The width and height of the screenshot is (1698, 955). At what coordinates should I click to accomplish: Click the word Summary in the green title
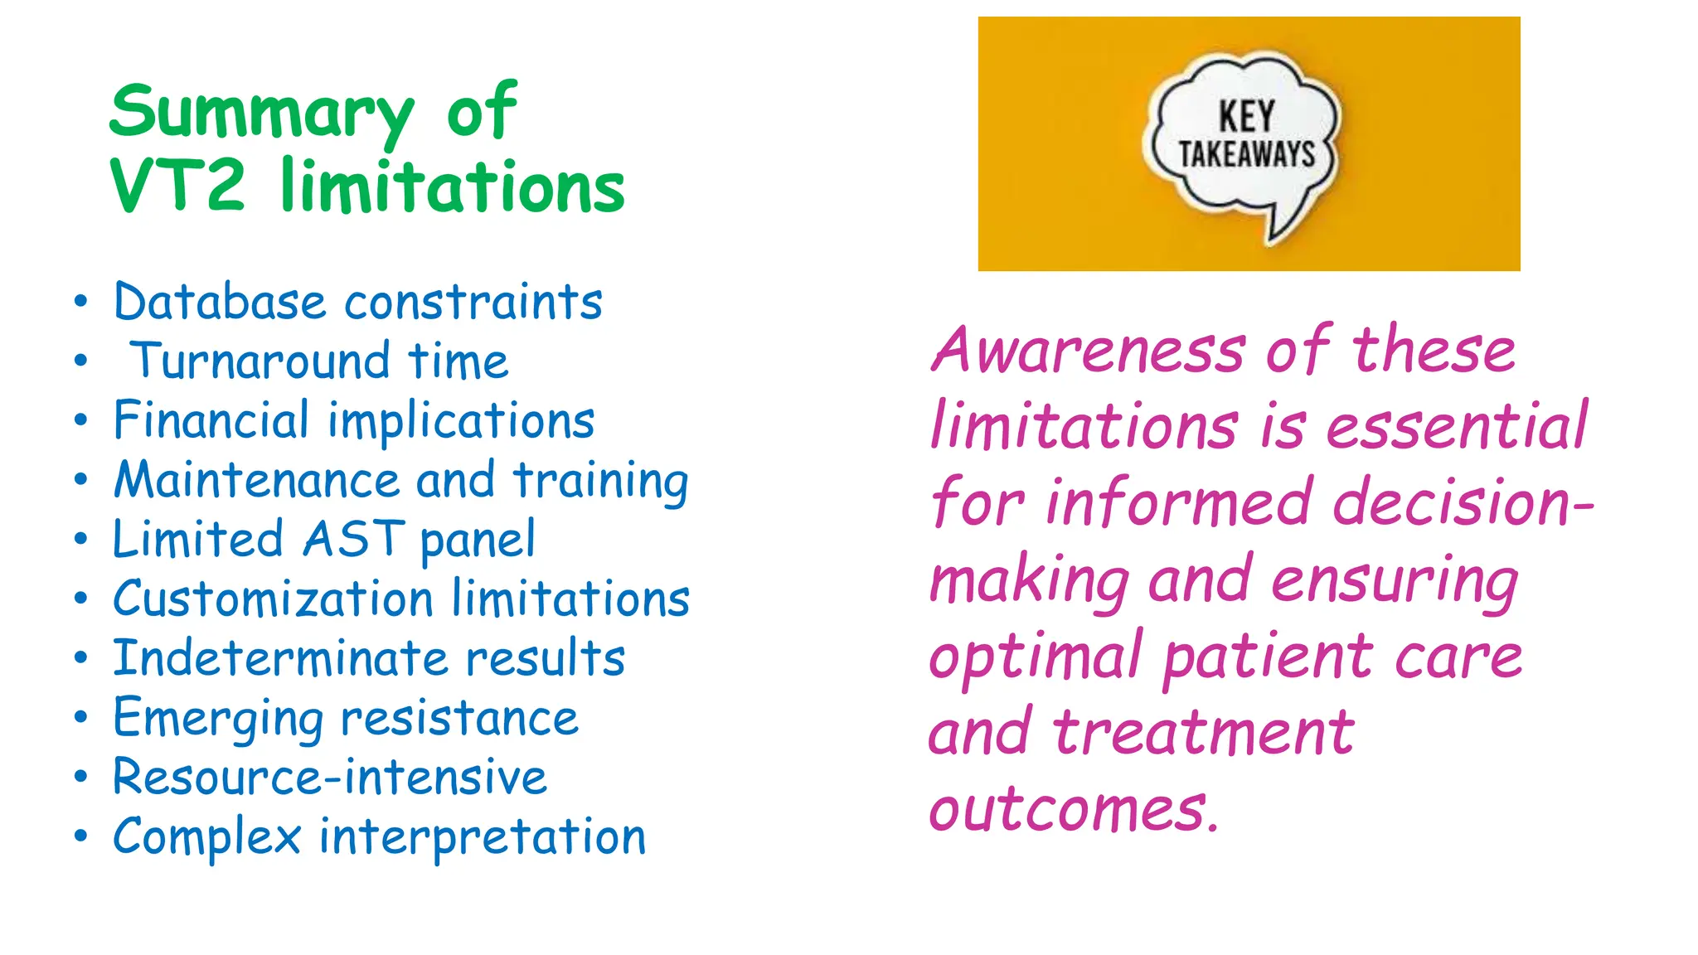(260, 114)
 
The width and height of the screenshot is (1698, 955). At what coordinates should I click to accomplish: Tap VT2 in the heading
(177, 186)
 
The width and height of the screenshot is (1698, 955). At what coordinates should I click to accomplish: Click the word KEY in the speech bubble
(1246, 117)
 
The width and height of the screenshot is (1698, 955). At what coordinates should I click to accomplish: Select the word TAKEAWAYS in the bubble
(1247, 154)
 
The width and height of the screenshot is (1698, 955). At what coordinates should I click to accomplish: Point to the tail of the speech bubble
(1280, 224)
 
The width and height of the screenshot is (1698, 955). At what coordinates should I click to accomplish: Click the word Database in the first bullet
(220, 302)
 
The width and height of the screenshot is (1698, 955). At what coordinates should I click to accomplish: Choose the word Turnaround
(260, 361)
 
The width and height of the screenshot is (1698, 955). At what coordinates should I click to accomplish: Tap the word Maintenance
(257, 480)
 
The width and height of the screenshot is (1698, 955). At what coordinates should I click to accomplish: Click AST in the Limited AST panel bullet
(354, 540)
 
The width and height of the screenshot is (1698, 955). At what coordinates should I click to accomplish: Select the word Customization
(274, 599)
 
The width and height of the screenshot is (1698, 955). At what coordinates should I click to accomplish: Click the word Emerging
(218, 719)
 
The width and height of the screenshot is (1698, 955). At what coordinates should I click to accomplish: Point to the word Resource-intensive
(330, 778)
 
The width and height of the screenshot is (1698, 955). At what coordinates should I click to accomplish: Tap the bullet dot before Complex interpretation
(80, 836)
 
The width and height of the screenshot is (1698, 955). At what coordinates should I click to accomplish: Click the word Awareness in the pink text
(1088, 351)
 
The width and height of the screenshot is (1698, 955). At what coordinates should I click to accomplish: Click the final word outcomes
(1074, 810)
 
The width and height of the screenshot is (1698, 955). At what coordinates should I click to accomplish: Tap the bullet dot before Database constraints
(80, 302)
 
